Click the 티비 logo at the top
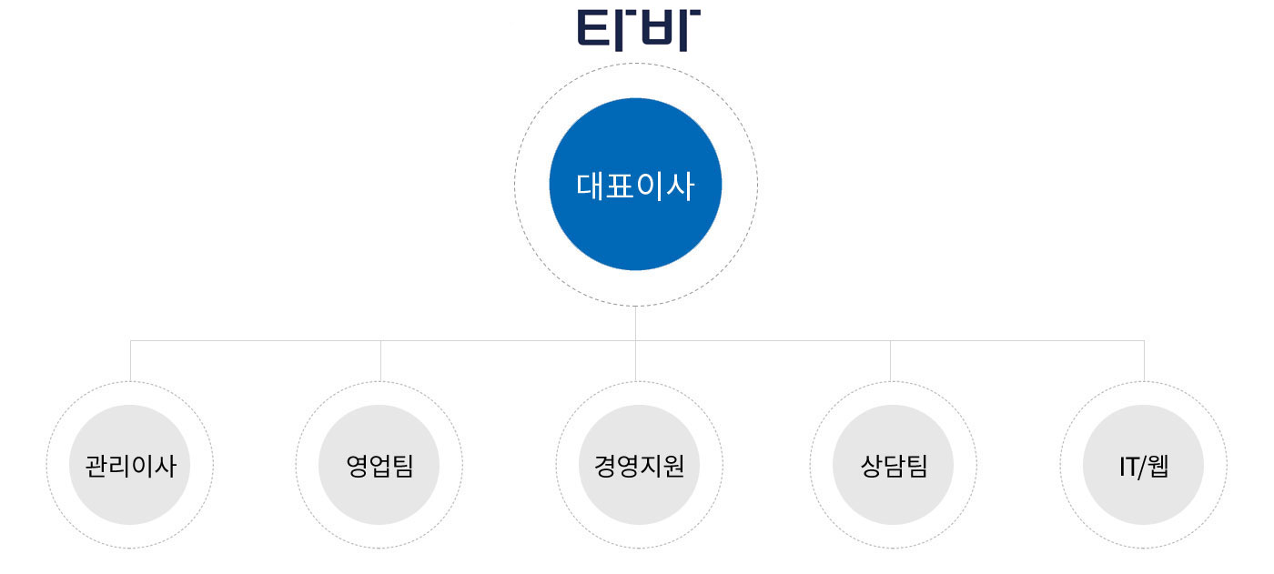(x=639, y=30)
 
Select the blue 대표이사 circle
(x=635, y=184)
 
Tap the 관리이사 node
(x=129, y=465)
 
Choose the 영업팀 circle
(x=379, y=465)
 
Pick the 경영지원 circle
(x=639, y=465)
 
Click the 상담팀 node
(x=893, y=465)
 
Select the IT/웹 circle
(x=1143, y=465)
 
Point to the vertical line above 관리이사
(x=130, y=361)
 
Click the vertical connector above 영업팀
(x=380, y=361)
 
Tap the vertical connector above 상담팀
(x=890, y=361)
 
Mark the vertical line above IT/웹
(x=1144, y=361)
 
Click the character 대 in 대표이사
(x=590, y=186)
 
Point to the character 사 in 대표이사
(x=681, y=186)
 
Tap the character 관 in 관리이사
(x=96, y=466)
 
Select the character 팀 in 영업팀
(x=402, y=466)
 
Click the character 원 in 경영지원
(x=672, y=466)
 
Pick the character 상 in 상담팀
(x=872, y=466)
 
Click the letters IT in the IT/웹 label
(x=1129, y=468)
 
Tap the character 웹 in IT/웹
(x=1158, y=466)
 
